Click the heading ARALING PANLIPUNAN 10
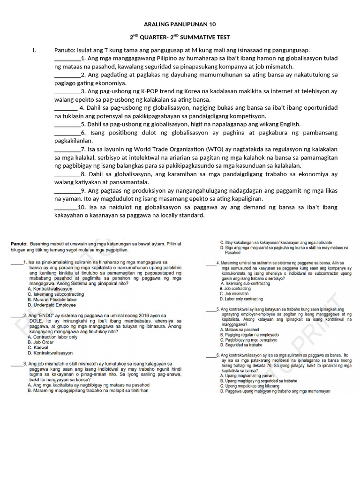180,24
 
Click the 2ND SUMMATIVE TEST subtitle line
180,37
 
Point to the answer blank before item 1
67,59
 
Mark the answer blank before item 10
66,208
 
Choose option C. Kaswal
38,347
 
